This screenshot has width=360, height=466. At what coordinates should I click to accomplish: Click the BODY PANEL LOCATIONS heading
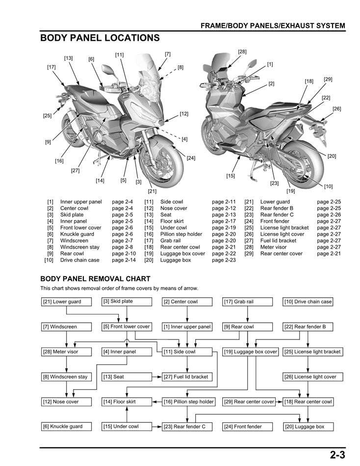tap(100, 38)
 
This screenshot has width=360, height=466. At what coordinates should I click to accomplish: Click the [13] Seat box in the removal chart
tap(127, 377)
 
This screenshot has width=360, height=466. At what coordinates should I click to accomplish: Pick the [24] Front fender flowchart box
tap(247, 427)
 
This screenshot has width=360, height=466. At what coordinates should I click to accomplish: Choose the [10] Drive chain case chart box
tap(308, 302)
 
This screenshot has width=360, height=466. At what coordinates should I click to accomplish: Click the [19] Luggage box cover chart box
tap(251, 352)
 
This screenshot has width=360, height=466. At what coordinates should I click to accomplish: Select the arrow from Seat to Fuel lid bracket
tap(157, 377)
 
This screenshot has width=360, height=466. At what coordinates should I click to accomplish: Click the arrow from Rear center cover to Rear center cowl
tap(280, 402)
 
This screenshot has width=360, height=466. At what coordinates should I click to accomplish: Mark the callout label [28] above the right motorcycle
tap(242, 52)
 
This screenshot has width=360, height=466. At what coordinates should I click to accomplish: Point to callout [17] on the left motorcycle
tap(51, 67)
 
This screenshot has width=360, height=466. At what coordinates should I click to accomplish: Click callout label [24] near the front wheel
tap(191, 158)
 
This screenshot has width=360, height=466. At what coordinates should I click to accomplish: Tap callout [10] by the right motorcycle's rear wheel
tap(328, 186)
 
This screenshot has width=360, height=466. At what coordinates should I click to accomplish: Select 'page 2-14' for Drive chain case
tap(124, 260)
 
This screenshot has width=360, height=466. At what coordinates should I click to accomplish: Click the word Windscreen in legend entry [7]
tap(74, 241)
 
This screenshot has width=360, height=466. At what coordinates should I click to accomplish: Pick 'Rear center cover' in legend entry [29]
tap(281, 254)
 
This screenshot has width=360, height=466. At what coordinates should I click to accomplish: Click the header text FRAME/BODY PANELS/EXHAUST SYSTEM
tap(273, 26)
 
